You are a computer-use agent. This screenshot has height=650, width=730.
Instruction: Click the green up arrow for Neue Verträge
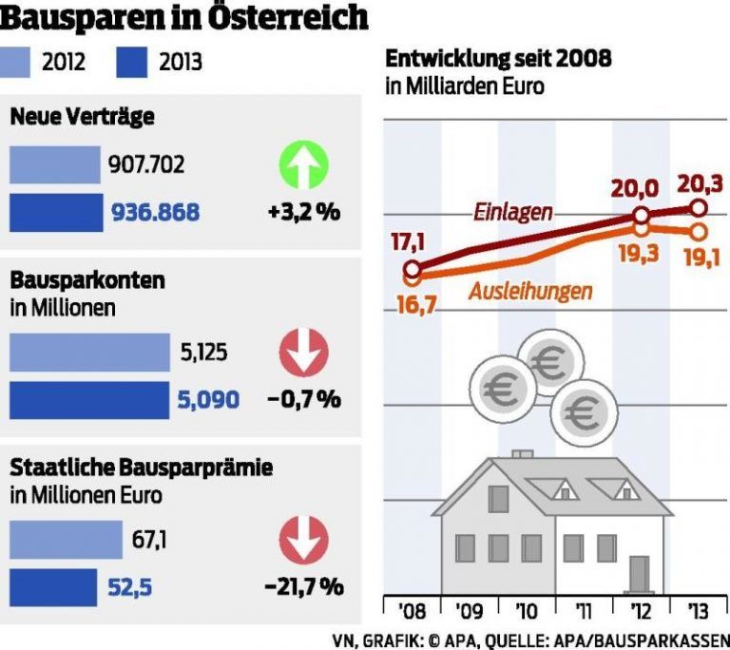click(x=302, y=166)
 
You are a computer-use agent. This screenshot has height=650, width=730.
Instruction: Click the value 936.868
click(x=156, y=213)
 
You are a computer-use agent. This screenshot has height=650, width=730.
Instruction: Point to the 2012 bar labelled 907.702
click(x=55, y=165)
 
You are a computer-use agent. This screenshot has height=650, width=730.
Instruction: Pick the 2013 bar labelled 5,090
click(x=89, y=400)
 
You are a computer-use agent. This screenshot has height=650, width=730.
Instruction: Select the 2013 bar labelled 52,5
click(x=53, y=587)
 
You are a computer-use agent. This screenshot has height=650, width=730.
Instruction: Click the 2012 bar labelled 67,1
click(x=67, y=542)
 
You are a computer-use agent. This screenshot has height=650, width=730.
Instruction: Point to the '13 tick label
click(x=699, y=609)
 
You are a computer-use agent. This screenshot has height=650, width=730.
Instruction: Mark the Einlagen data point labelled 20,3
click(x=699, y=208)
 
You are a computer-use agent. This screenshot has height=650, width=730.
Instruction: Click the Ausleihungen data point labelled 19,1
click(x=699, y=231)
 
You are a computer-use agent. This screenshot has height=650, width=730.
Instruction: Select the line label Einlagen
click(x=512, y=212)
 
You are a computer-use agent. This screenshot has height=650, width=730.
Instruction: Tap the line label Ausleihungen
click(x=529, y=291)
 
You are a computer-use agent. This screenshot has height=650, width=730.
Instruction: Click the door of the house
click(x=639, y=574)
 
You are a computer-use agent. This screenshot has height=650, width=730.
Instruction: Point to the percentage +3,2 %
click(x=303, y=212)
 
